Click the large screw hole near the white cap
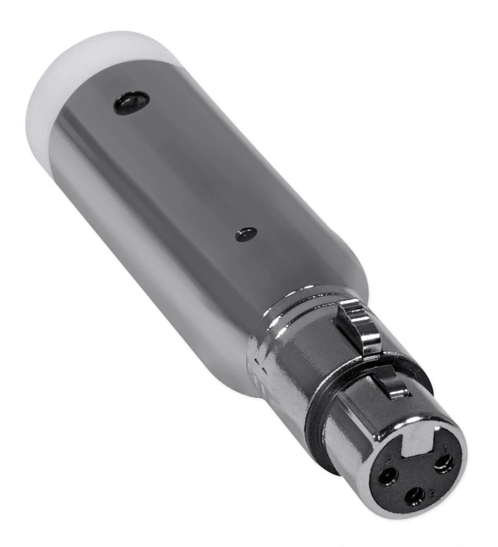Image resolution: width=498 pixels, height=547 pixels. click(131, 103)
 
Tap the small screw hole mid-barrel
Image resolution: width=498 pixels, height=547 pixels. click(246, 234)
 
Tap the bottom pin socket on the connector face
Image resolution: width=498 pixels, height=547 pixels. click(415, 495)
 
